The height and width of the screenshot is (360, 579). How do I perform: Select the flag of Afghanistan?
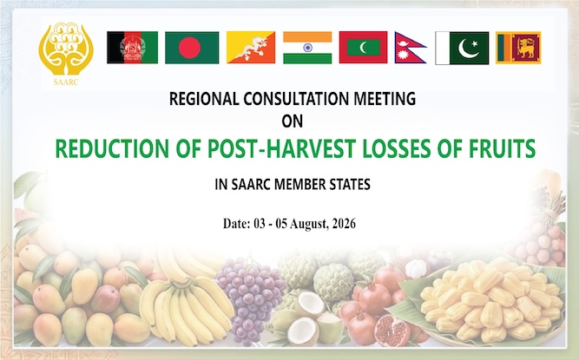pos(133,48)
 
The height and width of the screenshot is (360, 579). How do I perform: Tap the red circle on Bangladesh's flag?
pos(189,48)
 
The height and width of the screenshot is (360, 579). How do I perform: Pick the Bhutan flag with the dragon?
pos(251,47)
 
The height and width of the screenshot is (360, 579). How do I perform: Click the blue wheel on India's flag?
pos(307,48)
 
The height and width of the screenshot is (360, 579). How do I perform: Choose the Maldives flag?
pos(363,47)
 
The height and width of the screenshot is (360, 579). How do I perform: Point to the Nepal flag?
pos(410,48)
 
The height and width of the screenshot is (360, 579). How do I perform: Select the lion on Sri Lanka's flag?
pos(526,48)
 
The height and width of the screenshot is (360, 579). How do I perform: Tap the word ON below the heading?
pos(293,121)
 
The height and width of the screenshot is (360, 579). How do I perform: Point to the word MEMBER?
pos(304,185)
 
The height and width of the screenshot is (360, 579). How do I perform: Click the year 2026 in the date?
pos(344,224)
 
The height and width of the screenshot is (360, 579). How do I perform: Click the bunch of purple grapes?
pos(250,295)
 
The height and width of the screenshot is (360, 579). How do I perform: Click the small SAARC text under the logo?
pos(66,82)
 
